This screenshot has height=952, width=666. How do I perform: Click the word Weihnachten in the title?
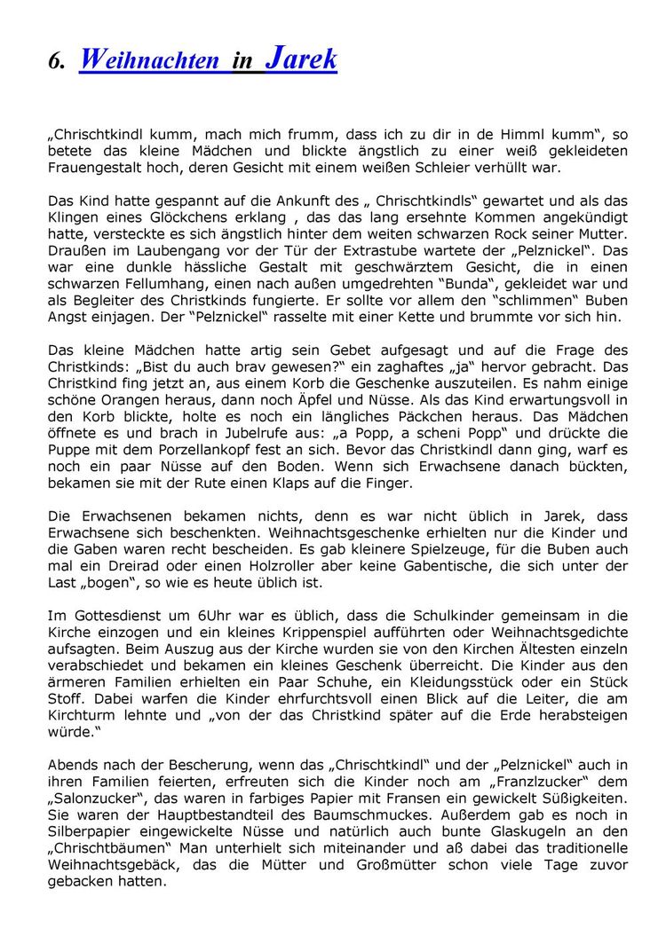[x=149, y=60]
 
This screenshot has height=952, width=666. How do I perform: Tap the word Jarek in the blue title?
[x=301, y=59]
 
